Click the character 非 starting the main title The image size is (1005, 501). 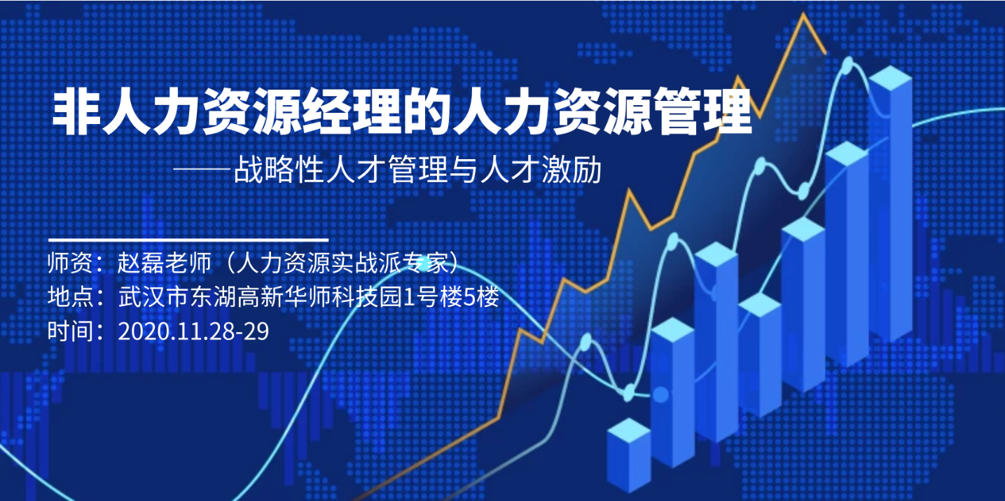76,111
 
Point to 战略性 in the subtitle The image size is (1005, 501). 279,170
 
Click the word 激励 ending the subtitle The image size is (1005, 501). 571,170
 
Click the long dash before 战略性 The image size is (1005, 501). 203,170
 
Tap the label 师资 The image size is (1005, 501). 70,263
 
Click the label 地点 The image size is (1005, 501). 70,296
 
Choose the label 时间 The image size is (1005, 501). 70,331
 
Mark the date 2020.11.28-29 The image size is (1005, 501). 193,331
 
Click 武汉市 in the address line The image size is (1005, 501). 153,296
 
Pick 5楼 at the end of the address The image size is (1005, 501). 481,296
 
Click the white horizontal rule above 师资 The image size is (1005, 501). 188,240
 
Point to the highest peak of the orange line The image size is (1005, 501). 803,15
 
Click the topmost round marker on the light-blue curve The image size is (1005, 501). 848,64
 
